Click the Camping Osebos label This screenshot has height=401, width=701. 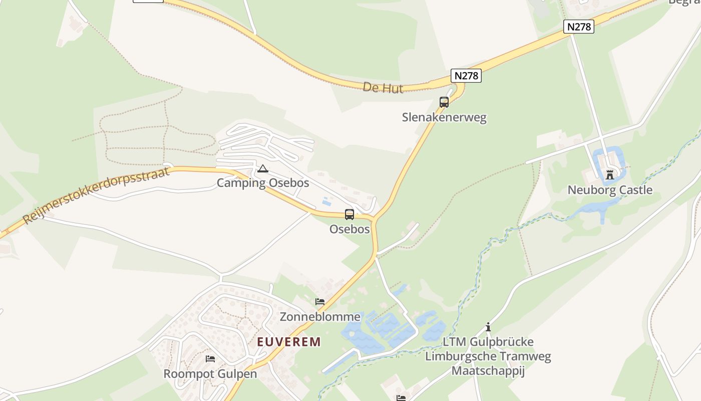263,183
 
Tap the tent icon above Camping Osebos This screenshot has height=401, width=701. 262,169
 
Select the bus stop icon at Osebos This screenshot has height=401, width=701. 349,215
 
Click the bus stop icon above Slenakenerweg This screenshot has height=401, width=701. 444,102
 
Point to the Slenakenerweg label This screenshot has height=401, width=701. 444,117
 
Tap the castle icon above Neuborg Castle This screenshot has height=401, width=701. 610,175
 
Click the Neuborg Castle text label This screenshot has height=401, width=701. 610,190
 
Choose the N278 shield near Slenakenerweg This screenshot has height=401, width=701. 466,76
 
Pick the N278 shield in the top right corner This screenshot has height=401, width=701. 579,27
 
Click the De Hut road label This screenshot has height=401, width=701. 383,88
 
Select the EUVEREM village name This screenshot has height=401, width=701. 289,342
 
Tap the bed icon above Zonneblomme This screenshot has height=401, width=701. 320,302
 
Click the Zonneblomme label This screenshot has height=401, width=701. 320,317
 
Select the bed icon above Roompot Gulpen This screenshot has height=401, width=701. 210,359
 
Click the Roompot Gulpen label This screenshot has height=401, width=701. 210,374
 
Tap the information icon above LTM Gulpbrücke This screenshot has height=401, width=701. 488,327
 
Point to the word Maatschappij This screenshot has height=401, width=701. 488,371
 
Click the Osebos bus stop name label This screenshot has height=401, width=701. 349,229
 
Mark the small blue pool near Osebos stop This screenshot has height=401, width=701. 326,202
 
